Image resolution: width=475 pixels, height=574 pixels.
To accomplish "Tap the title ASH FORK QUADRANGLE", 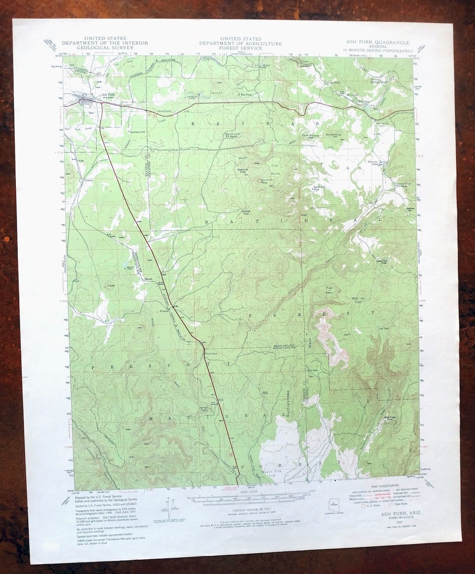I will pos(378,43).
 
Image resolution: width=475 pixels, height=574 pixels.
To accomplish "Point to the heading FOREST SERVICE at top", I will pos(240,48).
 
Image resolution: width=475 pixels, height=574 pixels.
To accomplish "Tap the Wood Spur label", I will pos(211,353).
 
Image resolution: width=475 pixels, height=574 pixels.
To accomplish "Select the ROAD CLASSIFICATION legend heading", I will pos(384,486).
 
